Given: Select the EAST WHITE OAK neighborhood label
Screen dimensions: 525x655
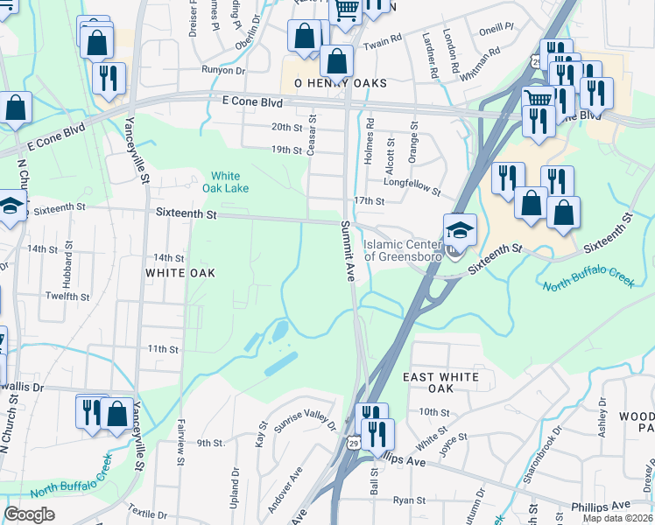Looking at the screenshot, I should [440, 382].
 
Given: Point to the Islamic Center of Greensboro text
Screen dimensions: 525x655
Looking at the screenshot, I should [405, 251].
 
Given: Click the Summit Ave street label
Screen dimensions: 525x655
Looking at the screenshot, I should [346, 250].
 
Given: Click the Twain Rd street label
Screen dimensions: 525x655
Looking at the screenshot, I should [382, 40].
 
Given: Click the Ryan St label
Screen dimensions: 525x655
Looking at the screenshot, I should [409, 500].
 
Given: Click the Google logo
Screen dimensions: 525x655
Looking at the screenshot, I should [29, 514].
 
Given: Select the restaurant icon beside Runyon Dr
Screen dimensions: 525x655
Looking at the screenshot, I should [109, 79].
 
